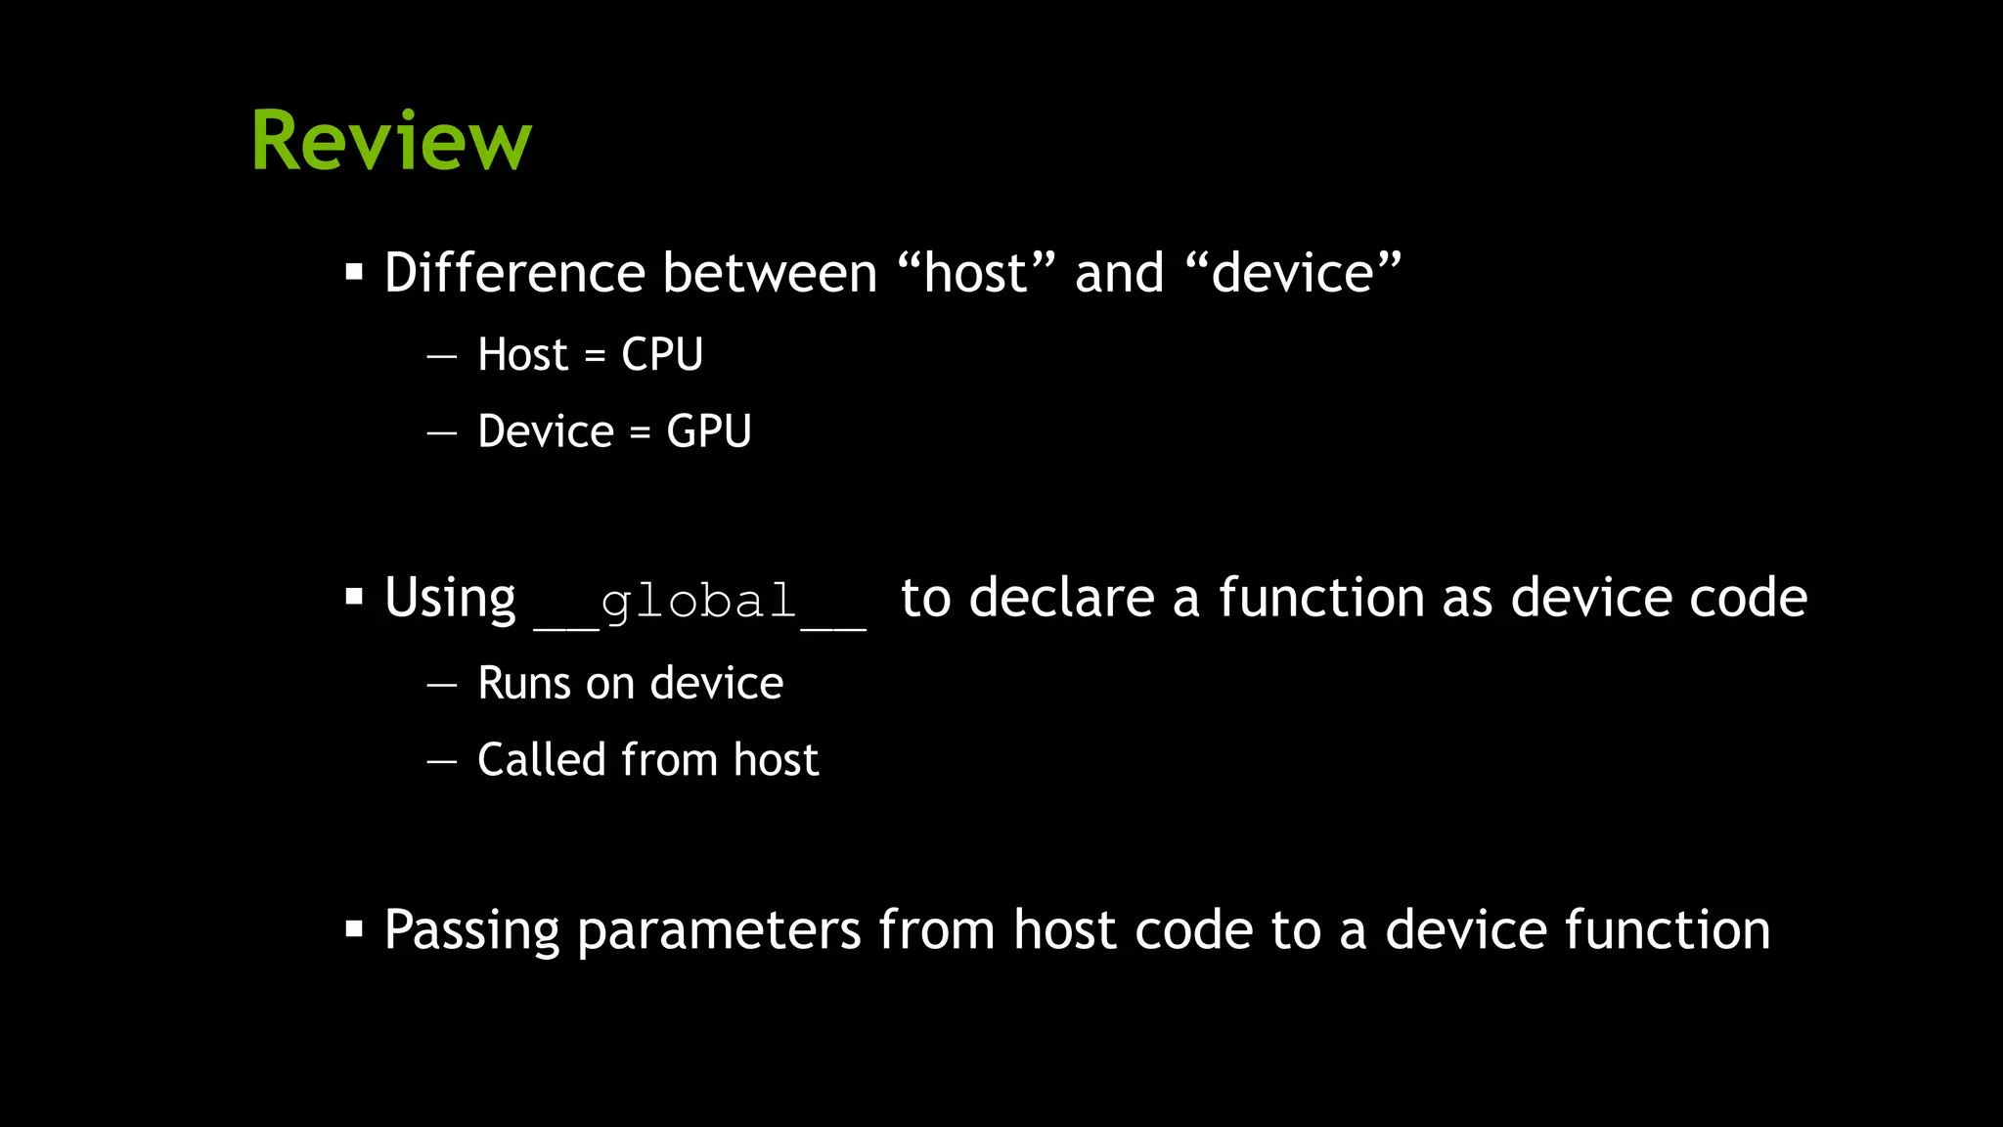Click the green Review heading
391,141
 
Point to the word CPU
662,354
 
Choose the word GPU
708,431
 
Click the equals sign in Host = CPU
594,357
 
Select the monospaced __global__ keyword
699,602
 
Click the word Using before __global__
450,599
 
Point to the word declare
1062,598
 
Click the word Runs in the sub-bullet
524,683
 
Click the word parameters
719,930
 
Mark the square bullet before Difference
354,271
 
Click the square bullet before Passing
354,927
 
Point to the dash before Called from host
442,761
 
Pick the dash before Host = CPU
442,356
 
